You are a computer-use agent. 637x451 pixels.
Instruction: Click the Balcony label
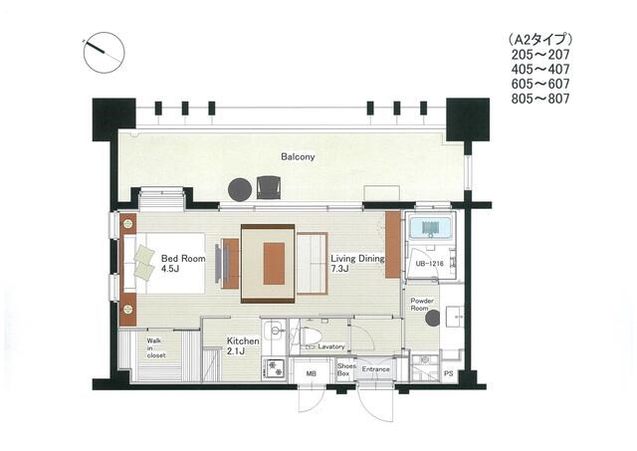coord(298,157)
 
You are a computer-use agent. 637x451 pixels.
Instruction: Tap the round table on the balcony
coord(240,190)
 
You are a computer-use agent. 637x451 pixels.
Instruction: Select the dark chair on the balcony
coord(269,187)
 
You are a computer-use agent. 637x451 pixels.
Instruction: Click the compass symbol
coord(104,53)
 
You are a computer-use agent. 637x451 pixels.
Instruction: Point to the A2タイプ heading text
coord(540,40)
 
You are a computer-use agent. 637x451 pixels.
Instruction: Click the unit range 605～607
coord(540,84)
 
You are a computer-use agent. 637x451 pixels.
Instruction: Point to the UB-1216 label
coord(429,264)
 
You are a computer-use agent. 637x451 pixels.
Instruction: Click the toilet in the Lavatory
coord(311,337)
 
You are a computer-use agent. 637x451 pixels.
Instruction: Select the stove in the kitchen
coord(274,369)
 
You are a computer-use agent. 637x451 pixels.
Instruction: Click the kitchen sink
coord(275,332)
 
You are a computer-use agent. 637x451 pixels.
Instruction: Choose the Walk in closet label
coord(156,348)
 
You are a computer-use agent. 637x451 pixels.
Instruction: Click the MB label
coord(312,373)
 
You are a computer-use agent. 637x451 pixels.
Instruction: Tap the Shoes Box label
coord(346,369)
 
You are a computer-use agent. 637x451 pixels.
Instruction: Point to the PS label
coord(449,373)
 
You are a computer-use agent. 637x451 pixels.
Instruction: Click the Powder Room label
coord(422,305)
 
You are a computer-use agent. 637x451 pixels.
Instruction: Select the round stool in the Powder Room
coord(432,319)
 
